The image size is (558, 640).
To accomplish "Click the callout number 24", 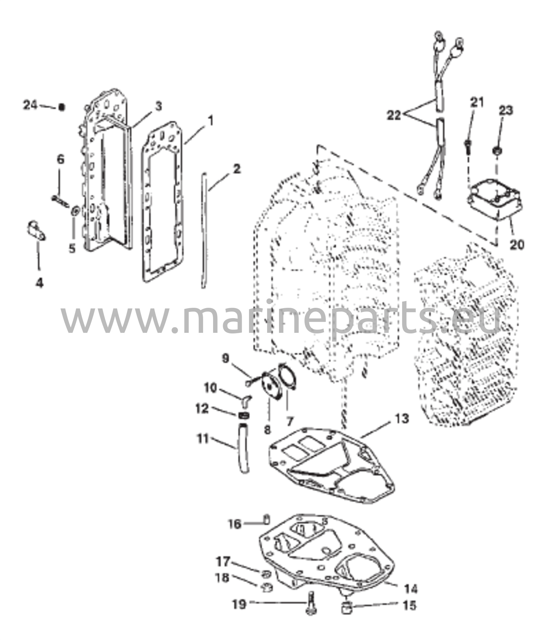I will coord(30,105).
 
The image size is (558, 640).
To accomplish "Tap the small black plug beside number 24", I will coord(62,107).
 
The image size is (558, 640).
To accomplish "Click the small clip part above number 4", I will coord(35,231).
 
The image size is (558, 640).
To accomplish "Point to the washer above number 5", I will coord(75,211).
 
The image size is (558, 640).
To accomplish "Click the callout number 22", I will coord(394,116).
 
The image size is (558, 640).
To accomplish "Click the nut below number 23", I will coord(497,151).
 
